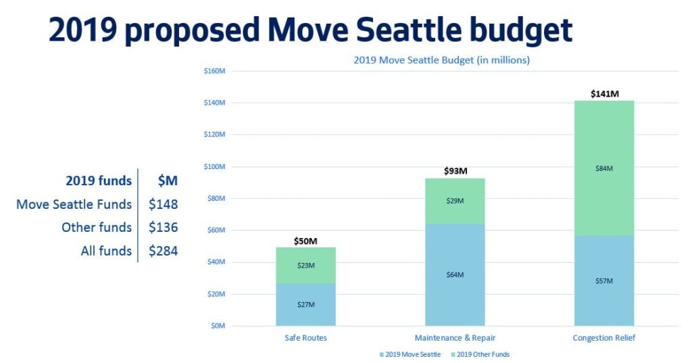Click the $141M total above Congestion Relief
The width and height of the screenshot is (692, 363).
click(604, 94)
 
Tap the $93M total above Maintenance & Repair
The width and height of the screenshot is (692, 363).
click(455, 171)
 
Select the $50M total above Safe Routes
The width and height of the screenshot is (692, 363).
click(306, 241)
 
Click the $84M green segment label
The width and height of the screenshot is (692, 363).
click(604, 168)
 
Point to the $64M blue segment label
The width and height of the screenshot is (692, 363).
click(455, 274)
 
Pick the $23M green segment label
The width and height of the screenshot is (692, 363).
click(306, 266)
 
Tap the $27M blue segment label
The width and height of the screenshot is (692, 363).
click(306, 304)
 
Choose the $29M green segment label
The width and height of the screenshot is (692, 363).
click(455, 201)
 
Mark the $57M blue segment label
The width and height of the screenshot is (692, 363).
click(604, 281)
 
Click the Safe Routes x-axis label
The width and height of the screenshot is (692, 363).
click(306, 338)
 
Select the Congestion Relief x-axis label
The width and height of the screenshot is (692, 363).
click(604, 338)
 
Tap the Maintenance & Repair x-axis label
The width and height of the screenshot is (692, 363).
click(455, 338)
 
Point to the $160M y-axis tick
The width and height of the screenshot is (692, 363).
click(214, 71)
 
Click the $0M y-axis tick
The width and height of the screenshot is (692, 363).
click(217, 326)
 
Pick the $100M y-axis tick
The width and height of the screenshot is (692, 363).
click(214, 166)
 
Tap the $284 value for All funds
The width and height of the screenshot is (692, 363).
click(163, 251)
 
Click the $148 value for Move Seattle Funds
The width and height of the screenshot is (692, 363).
click(163, 204)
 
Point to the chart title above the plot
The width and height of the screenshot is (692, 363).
click(441, 60)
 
